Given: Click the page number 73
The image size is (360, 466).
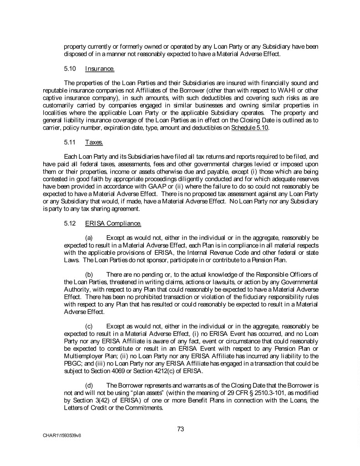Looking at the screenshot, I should pyautogui.click(x=180, y=428).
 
